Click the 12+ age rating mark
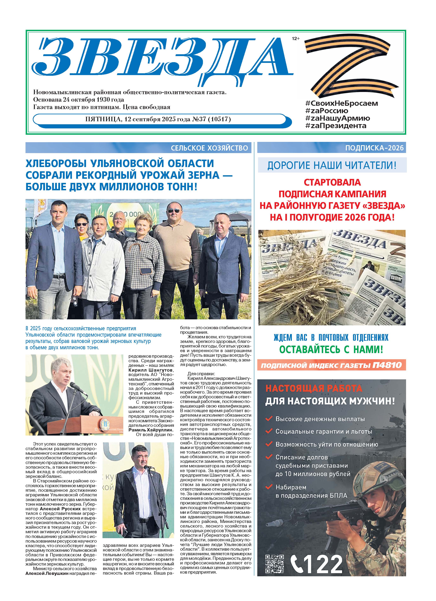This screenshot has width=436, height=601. point(295,39)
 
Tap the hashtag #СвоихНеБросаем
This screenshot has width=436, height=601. point(342,103)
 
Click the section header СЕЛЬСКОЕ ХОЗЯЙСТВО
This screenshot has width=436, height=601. point(209,148)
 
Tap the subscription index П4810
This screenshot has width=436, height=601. point(387,365)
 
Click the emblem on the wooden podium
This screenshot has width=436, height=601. point(103,423)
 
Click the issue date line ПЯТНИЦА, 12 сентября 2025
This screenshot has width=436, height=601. point(158,119)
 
